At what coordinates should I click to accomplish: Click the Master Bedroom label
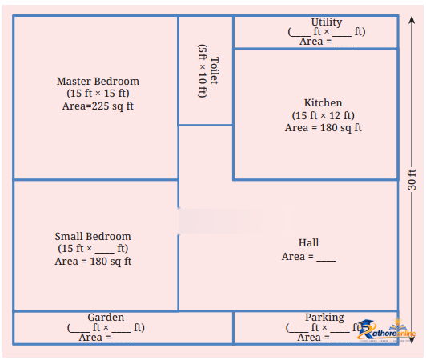coord(98,81)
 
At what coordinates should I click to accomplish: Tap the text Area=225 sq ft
coord(98,106)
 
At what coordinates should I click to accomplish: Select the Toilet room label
coord(215,70)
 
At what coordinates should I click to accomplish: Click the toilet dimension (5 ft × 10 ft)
coord(202,71)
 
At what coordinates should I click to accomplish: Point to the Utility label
coord(327,22)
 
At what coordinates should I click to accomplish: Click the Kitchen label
coord(323,103)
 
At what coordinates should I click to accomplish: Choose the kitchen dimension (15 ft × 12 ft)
coord(323,115)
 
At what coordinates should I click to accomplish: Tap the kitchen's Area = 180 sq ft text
coord(323,128)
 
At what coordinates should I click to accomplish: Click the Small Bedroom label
coord(93,236)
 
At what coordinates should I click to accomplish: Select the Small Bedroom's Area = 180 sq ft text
coord(93,261)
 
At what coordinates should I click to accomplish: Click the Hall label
coord(308,242)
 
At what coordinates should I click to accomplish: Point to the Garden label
coord(106,317)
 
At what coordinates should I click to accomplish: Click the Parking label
coord(324,317)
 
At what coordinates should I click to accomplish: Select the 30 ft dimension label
coord(412,179)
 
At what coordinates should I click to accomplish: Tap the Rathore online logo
coord(386,330)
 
